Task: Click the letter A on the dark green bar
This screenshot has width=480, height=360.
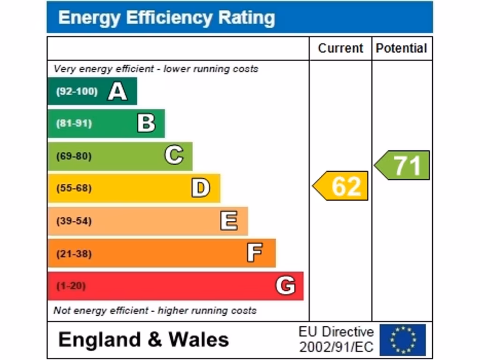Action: coord(117,91)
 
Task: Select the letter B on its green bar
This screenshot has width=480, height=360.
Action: coord(146,123)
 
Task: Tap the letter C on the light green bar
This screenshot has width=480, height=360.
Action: coord(173,156)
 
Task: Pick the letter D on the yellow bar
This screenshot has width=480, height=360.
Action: coord(201,188)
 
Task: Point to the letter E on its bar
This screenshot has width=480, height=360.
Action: coord(229,221)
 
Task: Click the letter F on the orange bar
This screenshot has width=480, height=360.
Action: coord(255,254)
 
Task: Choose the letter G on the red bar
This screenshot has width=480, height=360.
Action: coord(285,285)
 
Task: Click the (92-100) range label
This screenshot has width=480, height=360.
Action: coord(76,91)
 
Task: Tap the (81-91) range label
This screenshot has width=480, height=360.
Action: coord(74,124)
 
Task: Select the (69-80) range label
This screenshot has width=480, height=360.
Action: coord(74,156)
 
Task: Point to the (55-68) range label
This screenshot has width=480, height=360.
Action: coord(74,188)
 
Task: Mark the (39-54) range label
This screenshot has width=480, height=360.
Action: coord(74,221)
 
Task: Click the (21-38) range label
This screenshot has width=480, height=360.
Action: coord(74,254)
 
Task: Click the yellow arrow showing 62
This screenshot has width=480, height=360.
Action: coord(341,186)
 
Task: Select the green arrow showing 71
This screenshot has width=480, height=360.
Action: coord(403,165)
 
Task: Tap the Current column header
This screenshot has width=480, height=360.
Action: coord(340,48)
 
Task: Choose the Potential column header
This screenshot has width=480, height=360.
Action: coord(402,48)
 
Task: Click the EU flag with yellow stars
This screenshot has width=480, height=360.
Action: coord(403,340)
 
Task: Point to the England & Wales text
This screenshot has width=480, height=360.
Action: coord(143,339)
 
